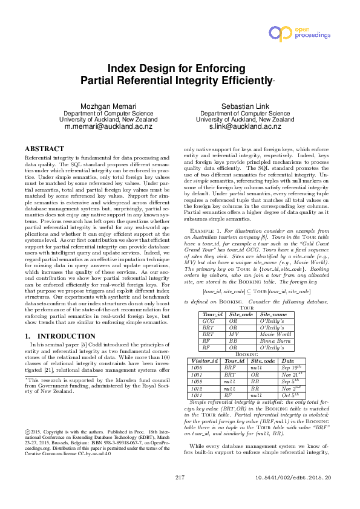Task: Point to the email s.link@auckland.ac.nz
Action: pos(245,128)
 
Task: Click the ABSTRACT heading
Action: pos(44,149)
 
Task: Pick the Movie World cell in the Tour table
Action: pos(275,334)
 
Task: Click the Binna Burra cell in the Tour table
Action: pos(275,340)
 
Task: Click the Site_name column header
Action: pos(274,314)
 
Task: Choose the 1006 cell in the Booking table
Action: pos(197,367)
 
